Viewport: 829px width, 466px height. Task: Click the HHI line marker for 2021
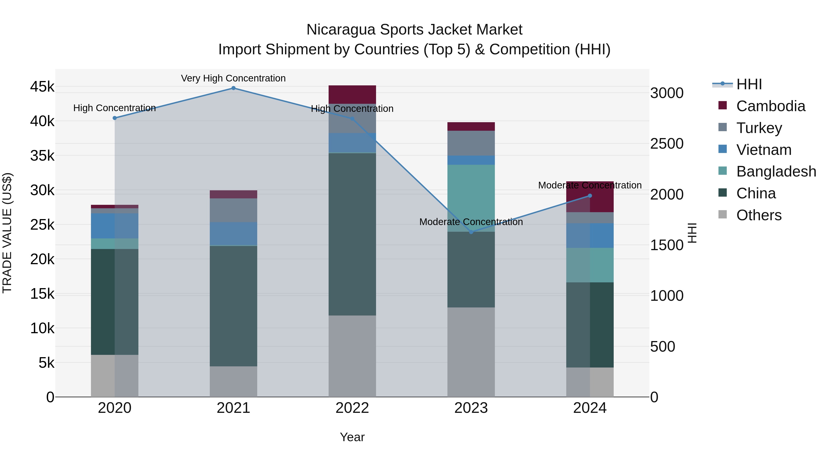233,88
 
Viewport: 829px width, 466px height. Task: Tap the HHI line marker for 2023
471,232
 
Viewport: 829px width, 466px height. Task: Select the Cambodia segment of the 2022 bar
352,95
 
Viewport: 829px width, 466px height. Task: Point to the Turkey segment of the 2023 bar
471,143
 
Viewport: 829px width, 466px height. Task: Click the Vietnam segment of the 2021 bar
233,234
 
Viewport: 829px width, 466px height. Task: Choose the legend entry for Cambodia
771,106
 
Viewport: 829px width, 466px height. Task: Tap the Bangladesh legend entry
776,171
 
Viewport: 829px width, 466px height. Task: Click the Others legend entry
759,215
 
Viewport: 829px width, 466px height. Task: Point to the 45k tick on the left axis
42,87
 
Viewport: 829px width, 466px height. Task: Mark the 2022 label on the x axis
352,408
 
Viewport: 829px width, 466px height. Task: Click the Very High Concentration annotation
233,78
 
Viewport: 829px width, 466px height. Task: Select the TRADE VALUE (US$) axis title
7,233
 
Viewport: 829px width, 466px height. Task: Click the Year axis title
352,437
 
